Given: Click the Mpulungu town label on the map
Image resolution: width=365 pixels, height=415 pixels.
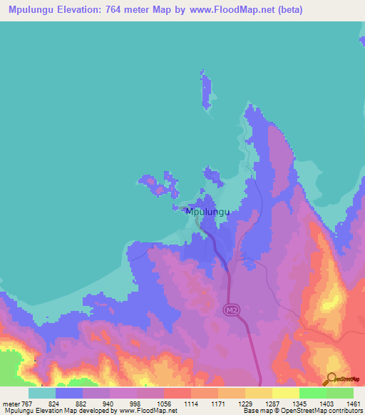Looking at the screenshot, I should (208, 212).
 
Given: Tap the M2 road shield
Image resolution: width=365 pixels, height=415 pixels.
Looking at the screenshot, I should (230, 310).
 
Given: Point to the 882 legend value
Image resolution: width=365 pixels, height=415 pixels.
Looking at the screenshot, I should (83, 403).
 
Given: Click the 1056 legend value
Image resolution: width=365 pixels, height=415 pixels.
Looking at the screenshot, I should (165, 403).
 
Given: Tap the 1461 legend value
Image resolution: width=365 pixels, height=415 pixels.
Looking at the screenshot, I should (353, 403).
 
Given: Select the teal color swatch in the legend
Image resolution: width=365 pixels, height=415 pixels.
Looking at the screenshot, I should (42, 392).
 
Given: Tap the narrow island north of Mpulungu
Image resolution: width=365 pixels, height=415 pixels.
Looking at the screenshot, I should (207, 89).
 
